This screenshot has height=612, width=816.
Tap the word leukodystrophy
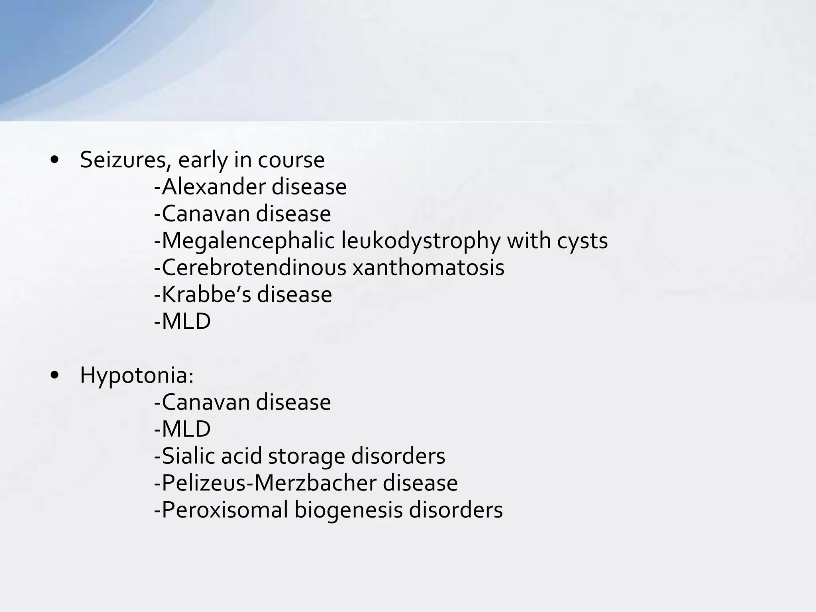[420, 241]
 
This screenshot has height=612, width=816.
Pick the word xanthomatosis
[428, 267]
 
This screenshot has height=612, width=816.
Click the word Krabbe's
[206, 294]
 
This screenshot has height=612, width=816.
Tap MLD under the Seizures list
[186, 321]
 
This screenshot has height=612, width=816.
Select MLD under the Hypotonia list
[186, 429]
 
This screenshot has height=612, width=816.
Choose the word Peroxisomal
[225, 510]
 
